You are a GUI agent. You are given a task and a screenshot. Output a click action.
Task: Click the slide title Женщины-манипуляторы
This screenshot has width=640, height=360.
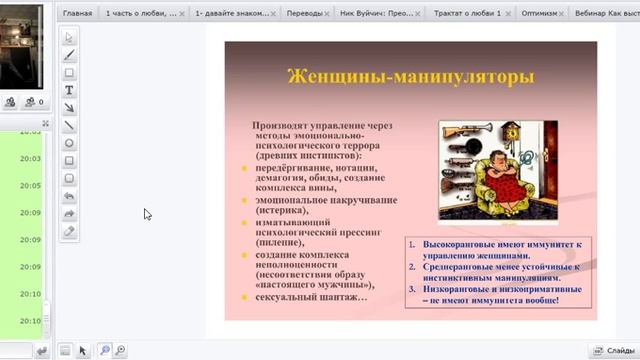click(x=409, y=77)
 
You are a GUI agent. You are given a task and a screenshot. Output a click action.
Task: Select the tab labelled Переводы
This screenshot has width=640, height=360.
click(x=304, y=15)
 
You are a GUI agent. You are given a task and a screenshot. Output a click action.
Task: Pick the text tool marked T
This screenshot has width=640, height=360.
click(x=69, y=90)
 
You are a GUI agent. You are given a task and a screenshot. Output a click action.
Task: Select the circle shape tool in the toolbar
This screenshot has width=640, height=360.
click(x=69, y=143)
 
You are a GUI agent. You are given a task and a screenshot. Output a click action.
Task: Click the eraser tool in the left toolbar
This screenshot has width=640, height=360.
click(x=69, y=232)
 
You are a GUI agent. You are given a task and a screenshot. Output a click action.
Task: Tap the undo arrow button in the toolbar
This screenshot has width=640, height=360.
click(x=69, y=197)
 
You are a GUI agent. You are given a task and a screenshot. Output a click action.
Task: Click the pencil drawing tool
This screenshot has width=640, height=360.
click(x=69, y=55)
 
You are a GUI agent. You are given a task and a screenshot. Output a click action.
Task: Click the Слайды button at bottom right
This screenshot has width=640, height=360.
click(x=610, y=350)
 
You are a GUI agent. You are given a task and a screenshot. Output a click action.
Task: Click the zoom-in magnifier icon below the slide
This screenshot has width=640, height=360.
click(x=103, y=349)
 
